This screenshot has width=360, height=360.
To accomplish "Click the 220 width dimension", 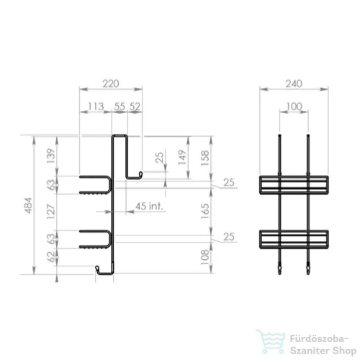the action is point(111,84).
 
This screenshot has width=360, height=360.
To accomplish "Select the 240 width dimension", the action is point(294,84).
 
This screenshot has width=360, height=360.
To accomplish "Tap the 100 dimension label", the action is point(294,107).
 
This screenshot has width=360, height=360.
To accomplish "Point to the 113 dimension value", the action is point(96,107).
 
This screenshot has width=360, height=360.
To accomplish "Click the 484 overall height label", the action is point(29,205).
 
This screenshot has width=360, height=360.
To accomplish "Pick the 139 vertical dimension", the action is point(51,156).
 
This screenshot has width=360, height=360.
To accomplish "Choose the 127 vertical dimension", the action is point(51,212).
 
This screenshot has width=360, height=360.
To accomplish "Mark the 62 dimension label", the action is point(51,256).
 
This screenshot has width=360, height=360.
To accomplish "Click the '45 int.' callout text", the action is point(149,206).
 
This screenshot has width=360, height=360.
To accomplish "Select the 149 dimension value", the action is point(182,158).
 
